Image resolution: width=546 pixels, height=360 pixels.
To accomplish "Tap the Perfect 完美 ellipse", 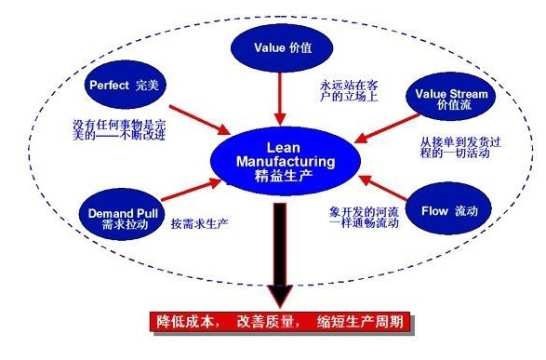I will [127, 84].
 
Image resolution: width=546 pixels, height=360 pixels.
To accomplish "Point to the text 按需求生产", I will [200, 223].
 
